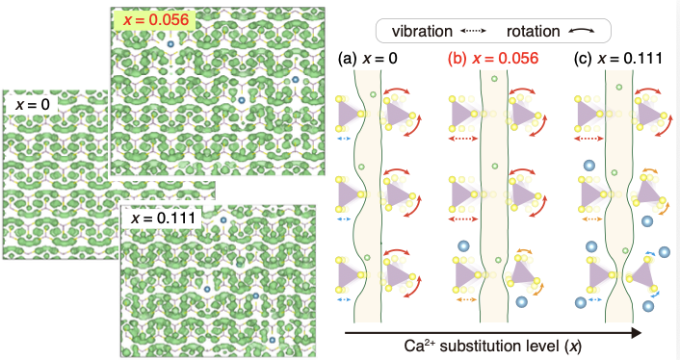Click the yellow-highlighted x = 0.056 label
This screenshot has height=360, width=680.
156,20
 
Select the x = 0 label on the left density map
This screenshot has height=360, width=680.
33,104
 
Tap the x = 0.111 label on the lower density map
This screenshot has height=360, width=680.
164,218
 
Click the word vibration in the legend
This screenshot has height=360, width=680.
422,31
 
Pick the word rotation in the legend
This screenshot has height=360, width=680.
533,31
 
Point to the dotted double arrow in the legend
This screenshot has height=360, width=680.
473,31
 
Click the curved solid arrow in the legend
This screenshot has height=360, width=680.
582,31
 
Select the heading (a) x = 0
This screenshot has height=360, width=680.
367,58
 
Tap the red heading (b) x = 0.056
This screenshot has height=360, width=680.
493,58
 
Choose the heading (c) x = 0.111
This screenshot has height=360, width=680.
618,58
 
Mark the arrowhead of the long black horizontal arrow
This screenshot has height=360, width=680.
636,333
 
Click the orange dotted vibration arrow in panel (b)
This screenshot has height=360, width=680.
466,299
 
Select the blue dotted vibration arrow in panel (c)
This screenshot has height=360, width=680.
595,299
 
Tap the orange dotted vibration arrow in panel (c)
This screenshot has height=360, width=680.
591,219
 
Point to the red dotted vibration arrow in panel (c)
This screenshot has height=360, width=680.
588,139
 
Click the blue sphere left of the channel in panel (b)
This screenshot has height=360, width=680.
463,246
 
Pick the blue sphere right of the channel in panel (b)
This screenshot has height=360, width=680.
521,301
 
